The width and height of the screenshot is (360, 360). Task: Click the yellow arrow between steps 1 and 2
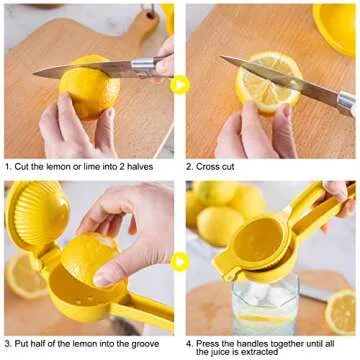point(180,84)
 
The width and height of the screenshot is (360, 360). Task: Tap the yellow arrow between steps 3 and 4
point(180,262)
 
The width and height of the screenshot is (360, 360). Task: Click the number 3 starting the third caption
point(7,344)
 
